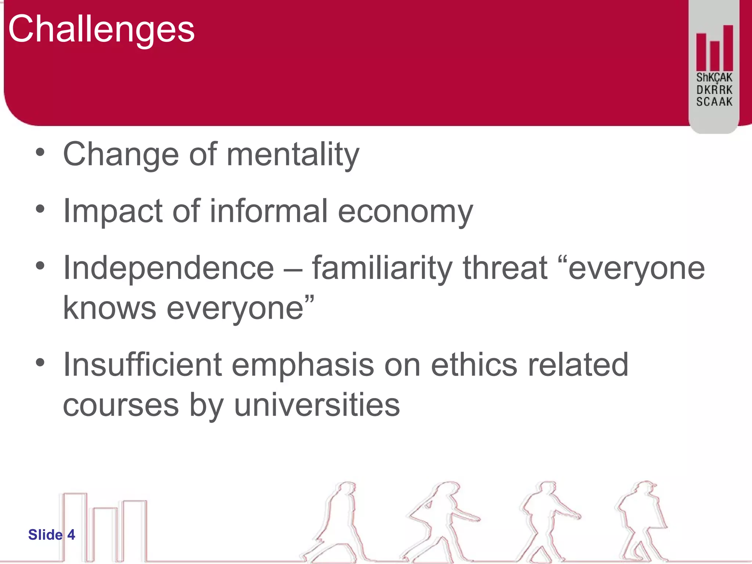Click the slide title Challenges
coord(101,29)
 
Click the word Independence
coord(169,268)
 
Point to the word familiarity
coord(382,268)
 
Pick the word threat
coord(505,268)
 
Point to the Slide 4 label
coord(51,535)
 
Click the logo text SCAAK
coord(714,102)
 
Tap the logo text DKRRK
coord(714,90)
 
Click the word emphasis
coord(303,365)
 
